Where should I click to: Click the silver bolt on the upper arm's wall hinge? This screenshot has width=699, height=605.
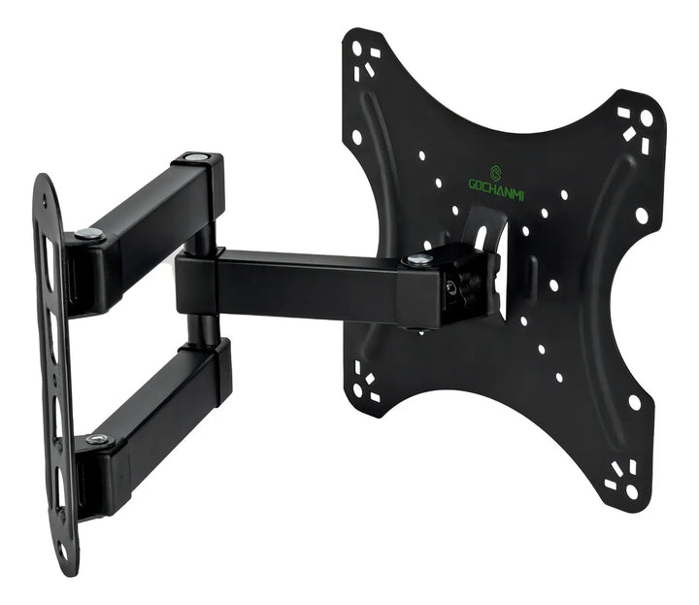89,233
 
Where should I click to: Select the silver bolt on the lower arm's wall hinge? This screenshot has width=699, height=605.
98,439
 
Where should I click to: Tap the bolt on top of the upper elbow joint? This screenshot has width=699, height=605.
196,157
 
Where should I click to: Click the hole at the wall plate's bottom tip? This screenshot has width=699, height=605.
63,550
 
